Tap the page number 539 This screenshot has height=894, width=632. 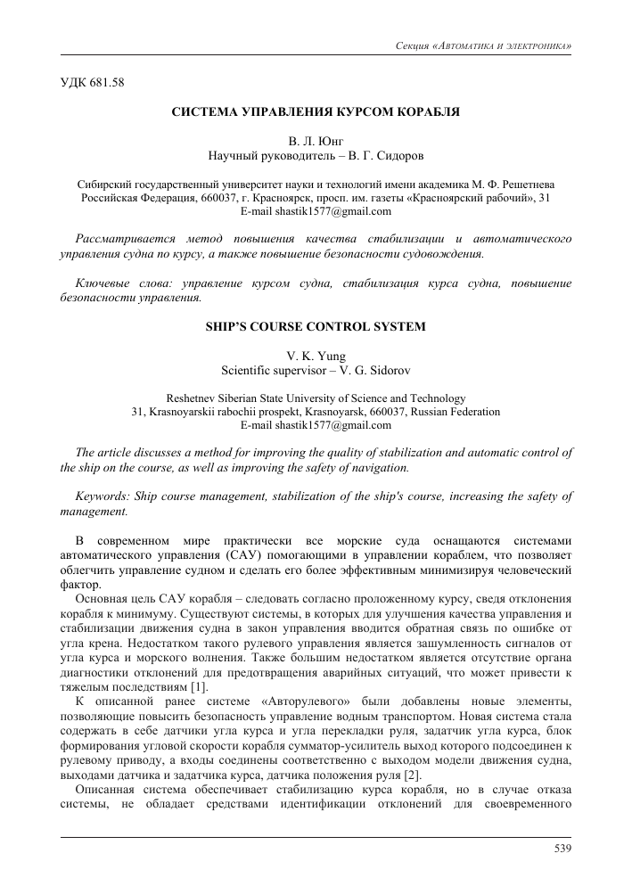[562, 848]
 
